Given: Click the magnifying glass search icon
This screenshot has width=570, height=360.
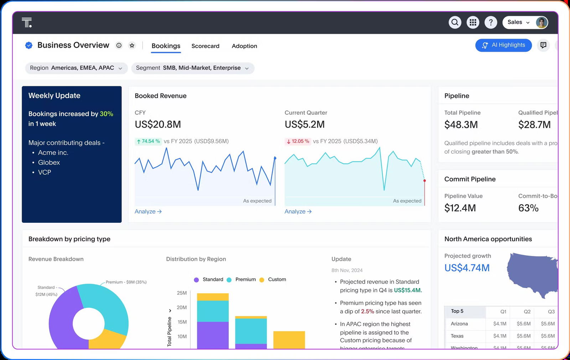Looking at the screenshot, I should click(x=455, y=22).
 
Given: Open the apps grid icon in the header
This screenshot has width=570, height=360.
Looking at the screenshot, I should click(x=473, y=22).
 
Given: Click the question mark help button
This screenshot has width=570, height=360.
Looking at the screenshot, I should click(x=491, y=22).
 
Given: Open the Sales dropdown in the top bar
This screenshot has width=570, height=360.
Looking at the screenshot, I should click(x=518, y=22).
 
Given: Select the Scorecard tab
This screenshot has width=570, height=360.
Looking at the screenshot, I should click(x=205, y=46).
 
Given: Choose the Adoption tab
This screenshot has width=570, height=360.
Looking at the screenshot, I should click(x=244, y=46).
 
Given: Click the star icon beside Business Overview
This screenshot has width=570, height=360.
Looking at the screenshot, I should click(x=132, y=45).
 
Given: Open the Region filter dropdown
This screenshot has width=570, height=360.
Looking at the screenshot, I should click(x=76, y=68).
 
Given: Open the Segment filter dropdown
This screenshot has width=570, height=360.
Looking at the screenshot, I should click(x=192, y=68).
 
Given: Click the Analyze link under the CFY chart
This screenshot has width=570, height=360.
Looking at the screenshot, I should click(x=148, y=211).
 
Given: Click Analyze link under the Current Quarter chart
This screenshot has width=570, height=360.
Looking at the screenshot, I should click(x=298, y=211).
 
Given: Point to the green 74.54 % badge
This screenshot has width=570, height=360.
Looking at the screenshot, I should click(x=148, y=141).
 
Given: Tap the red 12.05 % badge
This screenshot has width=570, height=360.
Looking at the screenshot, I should click(x=298, y=141).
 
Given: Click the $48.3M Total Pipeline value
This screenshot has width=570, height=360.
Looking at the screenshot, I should click(x=461, y=125).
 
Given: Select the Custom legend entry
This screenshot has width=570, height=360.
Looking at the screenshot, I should click(x=277, y=279).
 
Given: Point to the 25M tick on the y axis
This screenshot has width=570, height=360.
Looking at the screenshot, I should click(x=182, y=293).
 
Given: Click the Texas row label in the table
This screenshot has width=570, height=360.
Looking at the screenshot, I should click(x=457, y=336).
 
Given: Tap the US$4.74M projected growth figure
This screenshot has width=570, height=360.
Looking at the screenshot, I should click(x=467, y=268).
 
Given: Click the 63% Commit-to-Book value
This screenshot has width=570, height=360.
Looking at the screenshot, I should click(x=528, y=208).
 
